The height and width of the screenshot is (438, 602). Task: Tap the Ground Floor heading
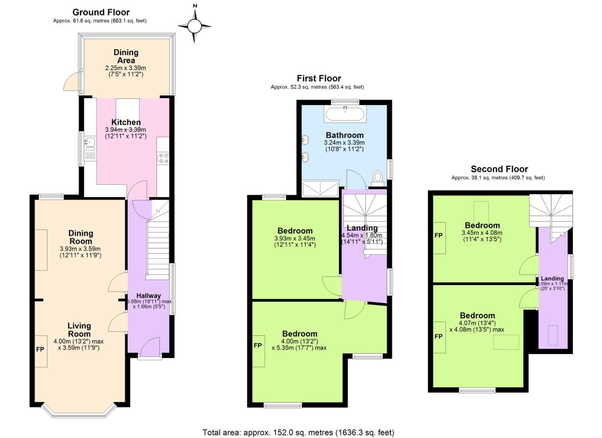tap(101, 12)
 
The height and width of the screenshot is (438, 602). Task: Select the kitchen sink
tap(90, 142)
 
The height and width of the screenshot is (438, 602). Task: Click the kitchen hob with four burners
tap(163, 158)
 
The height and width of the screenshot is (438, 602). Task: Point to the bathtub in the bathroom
tap(345, 114)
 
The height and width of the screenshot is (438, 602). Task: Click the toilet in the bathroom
tap(378, 177)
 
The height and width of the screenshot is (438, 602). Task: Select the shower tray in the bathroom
tap(320, 189)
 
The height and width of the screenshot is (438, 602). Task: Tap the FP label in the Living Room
tap(40, 349)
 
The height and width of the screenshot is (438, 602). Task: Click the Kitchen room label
tap(126, 122)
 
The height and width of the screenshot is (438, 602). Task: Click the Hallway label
tap(148, 296)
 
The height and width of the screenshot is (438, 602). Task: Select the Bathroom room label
tap(345, 135)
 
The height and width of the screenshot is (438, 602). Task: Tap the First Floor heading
tap(319, 78)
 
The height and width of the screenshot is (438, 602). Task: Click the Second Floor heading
tap(499, 169)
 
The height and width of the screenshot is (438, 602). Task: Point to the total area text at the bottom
tap(298, 432)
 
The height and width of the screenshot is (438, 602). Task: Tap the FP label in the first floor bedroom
tap(258, 346)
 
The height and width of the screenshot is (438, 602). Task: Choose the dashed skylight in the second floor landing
tap(553, 335)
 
